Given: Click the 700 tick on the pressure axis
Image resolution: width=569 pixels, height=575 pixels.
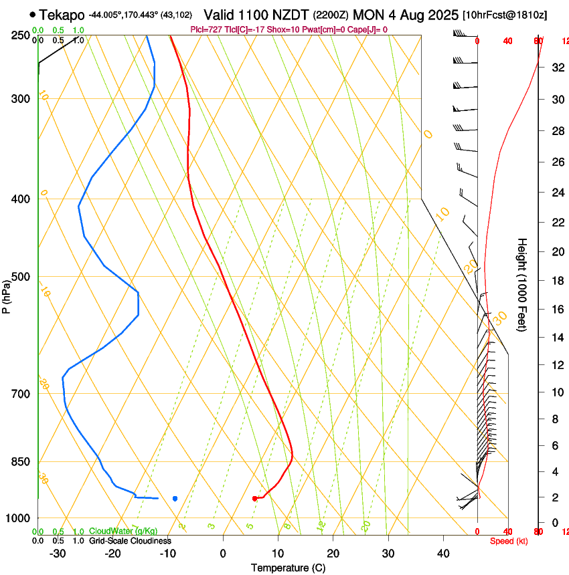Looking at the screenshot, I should click(x=20, y=394).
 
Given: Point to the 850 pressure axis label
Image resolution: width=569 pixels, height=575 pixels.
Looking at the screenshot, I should click(x=20, y=462).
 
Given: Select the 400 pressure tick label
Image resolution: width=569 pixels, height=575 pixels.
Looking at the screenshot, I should click(x=20, y=199).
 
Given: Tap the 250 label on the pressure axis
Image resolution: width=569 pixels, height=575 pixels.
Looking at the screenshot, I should click(x=20, y=35).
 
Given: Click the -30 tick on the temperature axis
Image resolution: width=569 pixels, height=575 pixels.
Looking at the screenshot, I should click(x=58, y=553).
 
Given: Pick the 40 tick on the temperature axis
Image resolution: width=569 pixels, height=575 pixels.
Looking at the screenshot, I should click(x=443, y=553).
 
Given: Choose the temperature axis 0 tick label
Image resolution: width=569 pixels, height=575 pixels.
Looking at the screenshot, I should click(x=224, y=553).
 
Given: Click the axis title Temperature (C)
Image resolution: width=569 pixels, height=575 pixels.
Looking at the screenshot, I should click(x=288, y=568).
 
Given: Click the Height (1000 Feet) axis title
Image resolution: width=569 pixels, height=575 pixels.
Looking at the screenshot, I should click(x=523, y=285).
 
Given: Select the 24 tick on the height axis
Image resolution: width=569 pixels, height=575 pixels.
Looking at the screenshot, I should click(x=556, y=193).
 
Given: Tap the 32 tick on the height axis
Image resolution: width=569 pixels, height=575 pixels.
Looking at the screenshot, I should click(x=556, y=68).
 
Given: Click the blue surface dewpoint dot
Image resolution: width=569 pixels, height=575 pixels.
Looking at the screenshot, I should click(x=175, y=498).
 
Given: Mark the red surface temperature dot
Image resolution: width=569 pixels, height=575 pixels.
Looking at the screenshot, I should click(x=254, y=498).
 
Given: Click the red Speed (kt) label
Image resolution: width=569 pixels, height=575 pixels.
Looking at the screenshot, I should click(x=508, y=541).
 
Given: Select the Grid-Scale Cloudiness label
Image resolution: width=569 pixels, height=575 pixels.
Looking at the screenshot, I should click(x=130, y=540).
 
